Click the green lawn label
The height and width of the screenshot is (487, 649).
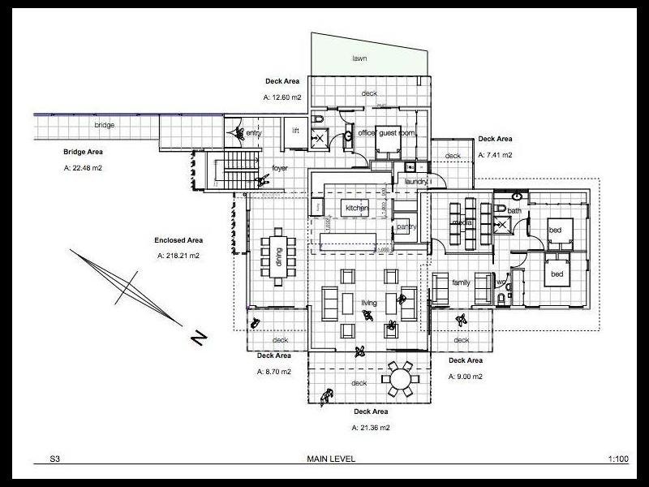click(361, 58)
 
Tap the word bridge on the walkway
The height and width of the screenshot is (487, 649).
click(104, 125)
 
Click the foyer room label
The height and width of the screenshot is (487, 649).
click(281, 169)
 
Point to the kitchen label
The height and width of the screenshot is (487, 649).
click(357, 209)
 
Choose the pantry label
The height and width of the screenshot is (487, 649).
click(406, 226)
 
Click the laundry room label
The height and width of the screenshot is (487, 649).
click(416, 183)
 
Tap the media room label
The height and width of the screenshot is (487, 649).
click(462, 221)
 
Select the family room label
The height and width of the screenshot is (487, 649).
click(461, 282)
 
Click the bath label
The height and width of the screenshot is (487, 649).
click(514, 210)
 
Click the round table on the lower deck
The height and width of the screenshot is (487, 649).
click(399, 379)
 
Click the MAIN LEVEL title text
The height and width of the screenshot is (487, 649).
click(329, 459)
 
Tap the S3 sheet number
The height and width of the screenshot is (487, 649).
click(54, 459)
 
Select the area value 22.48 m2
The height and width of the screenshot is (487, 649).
click(83, 168)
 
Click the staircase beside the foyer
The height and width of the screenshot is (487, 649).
click(234, 170)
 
